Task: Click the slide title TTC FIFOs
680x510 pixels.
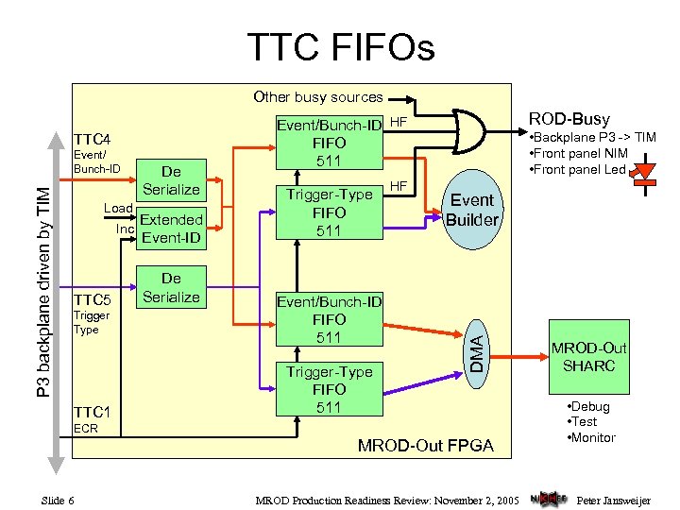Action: point(340,45)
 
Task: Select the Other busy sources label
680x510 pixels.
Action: point(317,96)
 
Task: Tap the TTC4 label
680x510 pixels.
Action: point(93,138)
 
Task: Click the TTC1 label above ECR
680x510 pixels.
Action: point(93,412)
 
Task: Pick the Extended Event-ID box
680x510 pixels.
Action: point(171,229)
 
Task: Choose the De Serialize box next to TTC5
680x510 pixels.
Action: point(171,288)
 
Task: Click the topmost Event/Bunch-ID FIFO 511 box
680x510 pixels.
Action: point(329,143)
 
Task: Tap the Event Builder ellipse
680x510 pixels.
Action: point(472,210)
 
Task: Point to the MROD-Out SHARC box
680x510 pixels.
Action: point(590,356)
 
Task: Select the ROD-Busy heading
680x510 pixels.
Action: point(569,119)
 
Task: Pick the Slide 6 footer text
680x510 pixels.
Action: point(59,499)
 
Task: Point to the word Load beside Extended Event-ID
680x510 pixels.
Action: point(117,208)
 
